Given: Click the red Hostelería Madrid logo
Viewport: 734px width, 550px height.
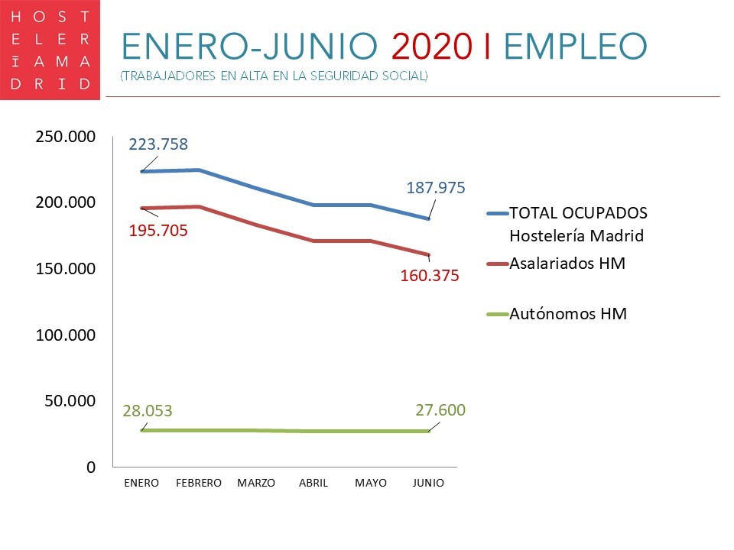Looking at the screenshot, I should click(x=50, y=50).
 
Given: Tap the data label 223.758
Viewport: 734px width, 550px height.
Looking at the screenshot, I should click(x=158, y=144).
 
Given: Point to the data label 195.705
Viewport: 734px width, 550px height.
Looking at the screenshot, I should click(x=158, y=230).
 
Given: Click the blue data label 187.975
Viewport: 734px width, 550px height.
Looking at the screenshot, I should click(x=436, y=188).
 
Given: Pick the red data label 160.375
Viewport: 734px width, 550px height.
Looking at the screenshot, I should click(x=430, y=276).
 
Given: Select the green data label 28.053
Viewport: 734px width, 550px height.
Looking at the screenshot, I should click(x=148, y=410).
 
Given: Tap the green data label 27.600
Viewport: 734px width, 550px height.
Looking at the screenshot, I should click(x=440, y=409).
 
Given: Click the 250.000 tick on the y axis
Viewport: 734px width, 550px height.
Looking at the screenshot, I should click(x=65, y=137).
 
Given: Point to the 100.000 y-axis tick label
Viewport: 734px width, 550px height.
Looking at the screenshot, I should click(x=65, y=335).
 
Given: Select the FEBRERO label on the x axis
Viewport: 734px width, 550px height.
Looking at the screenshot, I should click(x=199, y=484).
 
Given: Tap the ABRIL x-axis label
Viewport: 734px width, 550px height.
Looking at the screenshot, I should click(x=313, y=484).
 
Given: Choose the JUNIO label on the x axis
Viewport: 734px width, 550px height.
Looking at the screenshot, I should click(x=428, y=484).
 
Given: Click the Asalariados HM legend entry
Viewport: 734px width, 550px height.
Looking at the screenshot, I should click(x=567, y=264).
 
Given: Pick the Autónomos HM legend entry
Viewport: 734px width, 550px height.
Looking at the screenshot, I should click(x=568, y=313).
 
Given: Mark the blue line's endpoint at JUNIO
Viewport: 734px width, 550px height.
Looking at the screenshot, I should click(x=428, y=218).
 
